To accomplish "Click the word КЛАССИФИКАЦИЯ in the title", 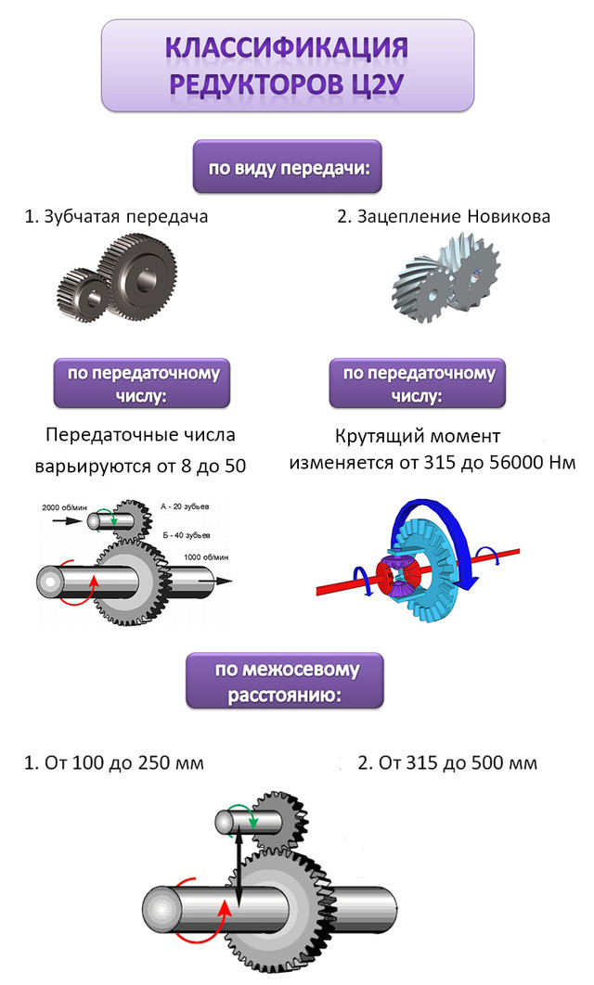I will (287, 47).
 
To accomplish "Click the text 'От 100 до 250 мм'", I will (123, 764).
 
